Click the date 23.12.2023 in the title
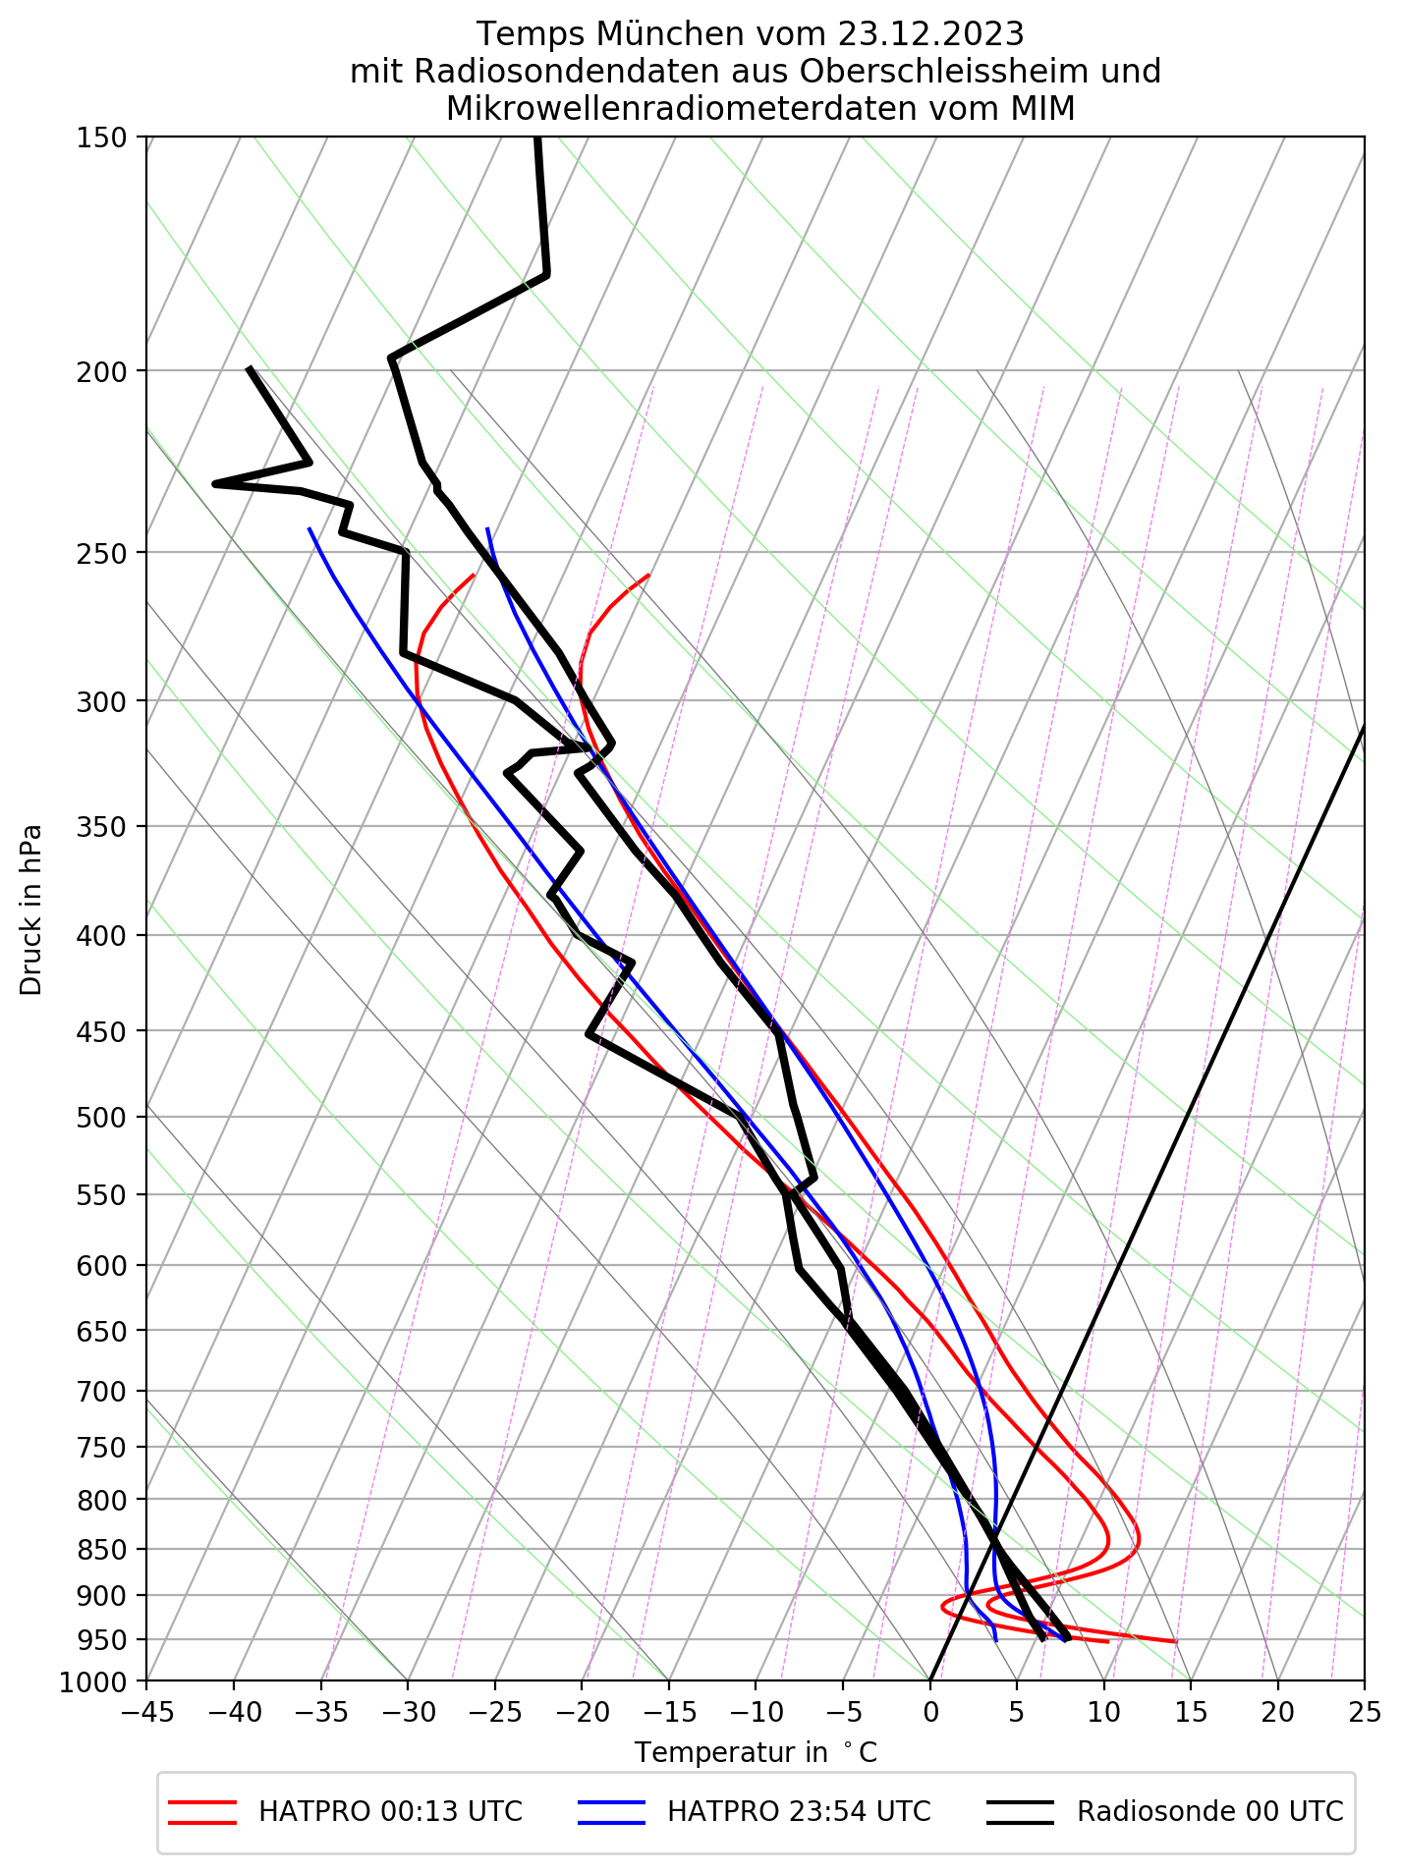pos(930,34)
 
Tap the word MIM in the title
pos(1041,109)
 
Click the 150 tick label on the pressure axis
pos(101,138)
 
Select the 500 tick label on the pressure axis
pos(101,1117)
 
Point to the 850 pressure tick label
pos(101,1550)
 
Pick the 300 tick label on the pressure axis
pos(101,701)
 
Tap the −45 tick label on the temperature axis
pos(146,1713)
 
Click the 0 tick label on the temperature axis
pos(929,1713)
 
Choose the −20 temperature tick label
pos(581,1713)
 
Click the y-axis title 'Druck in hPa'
pos(31,909)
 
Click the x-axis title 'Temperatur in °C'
pos(756,1753)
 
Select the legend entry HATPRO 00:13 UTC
pos(390,1812)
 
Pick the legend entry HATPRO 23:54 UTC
pos(799,1812)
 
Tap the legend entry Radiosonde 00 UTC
pos(1209,1812)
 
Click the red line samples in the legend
pos(202,1812)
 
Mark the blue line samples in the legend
pos(611,1812)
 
